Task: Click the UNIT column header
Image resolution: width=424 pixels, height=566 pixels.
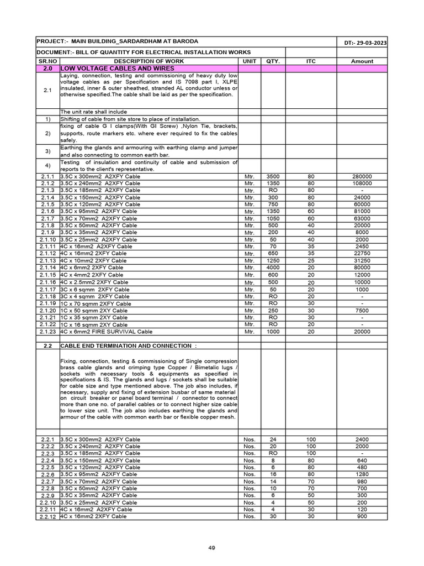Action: [x=250, y=61]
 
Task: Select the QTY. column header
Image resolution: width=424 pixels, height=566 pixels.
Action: [x=273, y=61]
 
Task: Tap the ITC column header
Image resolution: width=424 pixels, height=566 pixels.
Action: [x=311, y=61]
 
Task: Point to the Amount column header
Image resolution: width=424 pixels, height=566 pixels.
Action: [x=362, y=61]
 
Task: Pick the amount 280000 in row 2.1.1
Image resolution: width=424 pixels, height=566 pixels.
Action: [x=362, y=176]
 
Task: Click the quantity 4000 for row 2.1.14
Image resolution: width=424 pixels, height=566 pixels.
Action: [x=273, y=268]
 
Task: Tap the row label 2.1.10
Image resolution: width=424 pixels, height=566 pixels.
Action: [x=47, y=240]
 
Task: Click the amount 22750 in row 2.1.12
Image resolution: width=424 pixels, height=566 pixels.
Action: [x=362, y=254]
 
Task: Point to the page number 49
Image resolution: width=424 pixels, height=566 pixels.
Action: [x=211, y=548]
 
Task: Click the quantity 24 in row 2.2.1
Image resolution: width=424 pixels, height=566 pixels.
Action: [x=273, y=439]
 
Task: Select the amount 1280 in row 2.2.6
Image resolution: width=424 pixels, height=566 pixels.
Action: [x=362, y=474]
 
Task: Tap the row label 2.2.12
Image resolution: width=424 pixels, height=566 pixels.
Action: [x=47, y=516]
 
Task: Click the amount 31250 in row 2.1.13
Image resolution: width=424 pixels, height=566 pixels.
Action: [x=362, y=260]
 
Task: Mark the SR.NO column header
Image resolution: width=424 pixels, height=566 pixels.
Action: [x=47, y=61]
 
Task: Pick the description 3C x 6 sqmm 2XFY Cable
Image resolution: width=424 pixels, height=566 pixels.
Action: [x=95, y=290]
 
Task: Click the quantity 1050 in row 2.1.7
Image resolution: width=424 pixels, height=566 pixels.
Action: [x=273, y=218]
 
